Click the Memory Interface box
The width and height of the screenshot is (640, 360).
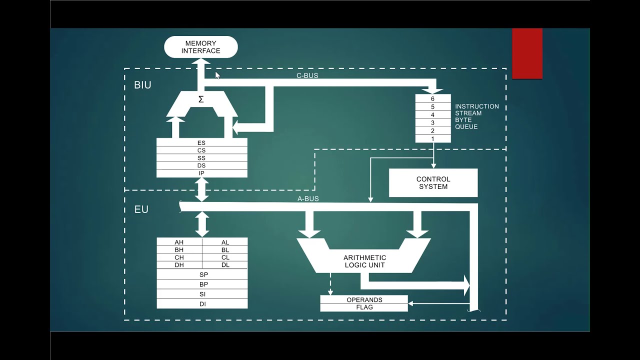[200, 47]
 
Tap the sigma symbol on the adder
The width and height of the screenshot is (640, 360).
[201, 99]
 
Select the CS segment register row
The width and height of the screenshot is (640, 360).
[201, 150]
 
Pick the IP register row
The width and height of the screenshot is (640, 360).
[201, 173]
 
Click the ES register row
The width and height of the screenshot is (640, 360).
[201, 143]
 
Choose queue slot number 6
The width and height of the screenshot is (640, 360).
[433, 99]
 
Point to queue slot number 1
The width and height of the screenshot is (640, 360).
[433, 138]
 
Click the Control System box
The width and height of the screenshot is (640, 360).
[433, 183]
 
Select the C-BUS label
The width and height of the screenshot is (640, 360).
[307, 76]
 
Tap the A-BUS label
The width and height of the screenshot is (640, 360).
[308, 199]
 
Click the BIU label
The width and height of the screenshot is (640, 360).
[142, 85]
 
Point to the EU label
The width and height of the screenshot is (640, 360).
[141, 209]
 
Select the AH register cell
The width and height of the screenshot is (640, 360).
[179, 242]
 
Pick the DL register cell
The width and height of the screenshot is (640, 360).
[225, 265]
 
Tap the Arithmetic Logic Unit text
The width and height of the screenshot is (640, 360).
[364, 261]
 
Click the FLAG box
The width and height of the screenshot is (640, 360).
[364, 307]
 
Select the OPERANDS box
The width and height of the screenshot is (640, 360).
[364, 300]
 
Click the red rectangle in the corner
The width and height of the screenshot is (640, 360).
[527, 53]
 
